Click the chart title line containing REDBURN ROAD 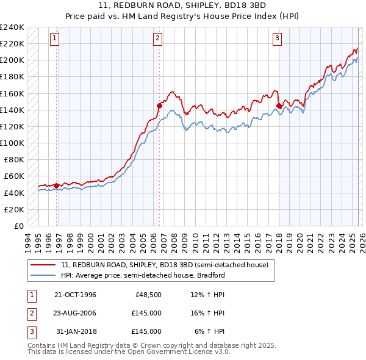pos(182,5)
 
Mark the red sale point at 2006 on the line pos(159,105)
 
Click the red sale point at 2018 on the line pos(279,106)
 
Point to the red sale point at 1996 pos(57,185)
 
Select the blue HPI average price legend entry pos(143,275)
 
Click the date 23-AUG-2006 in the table pos(75,313)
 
